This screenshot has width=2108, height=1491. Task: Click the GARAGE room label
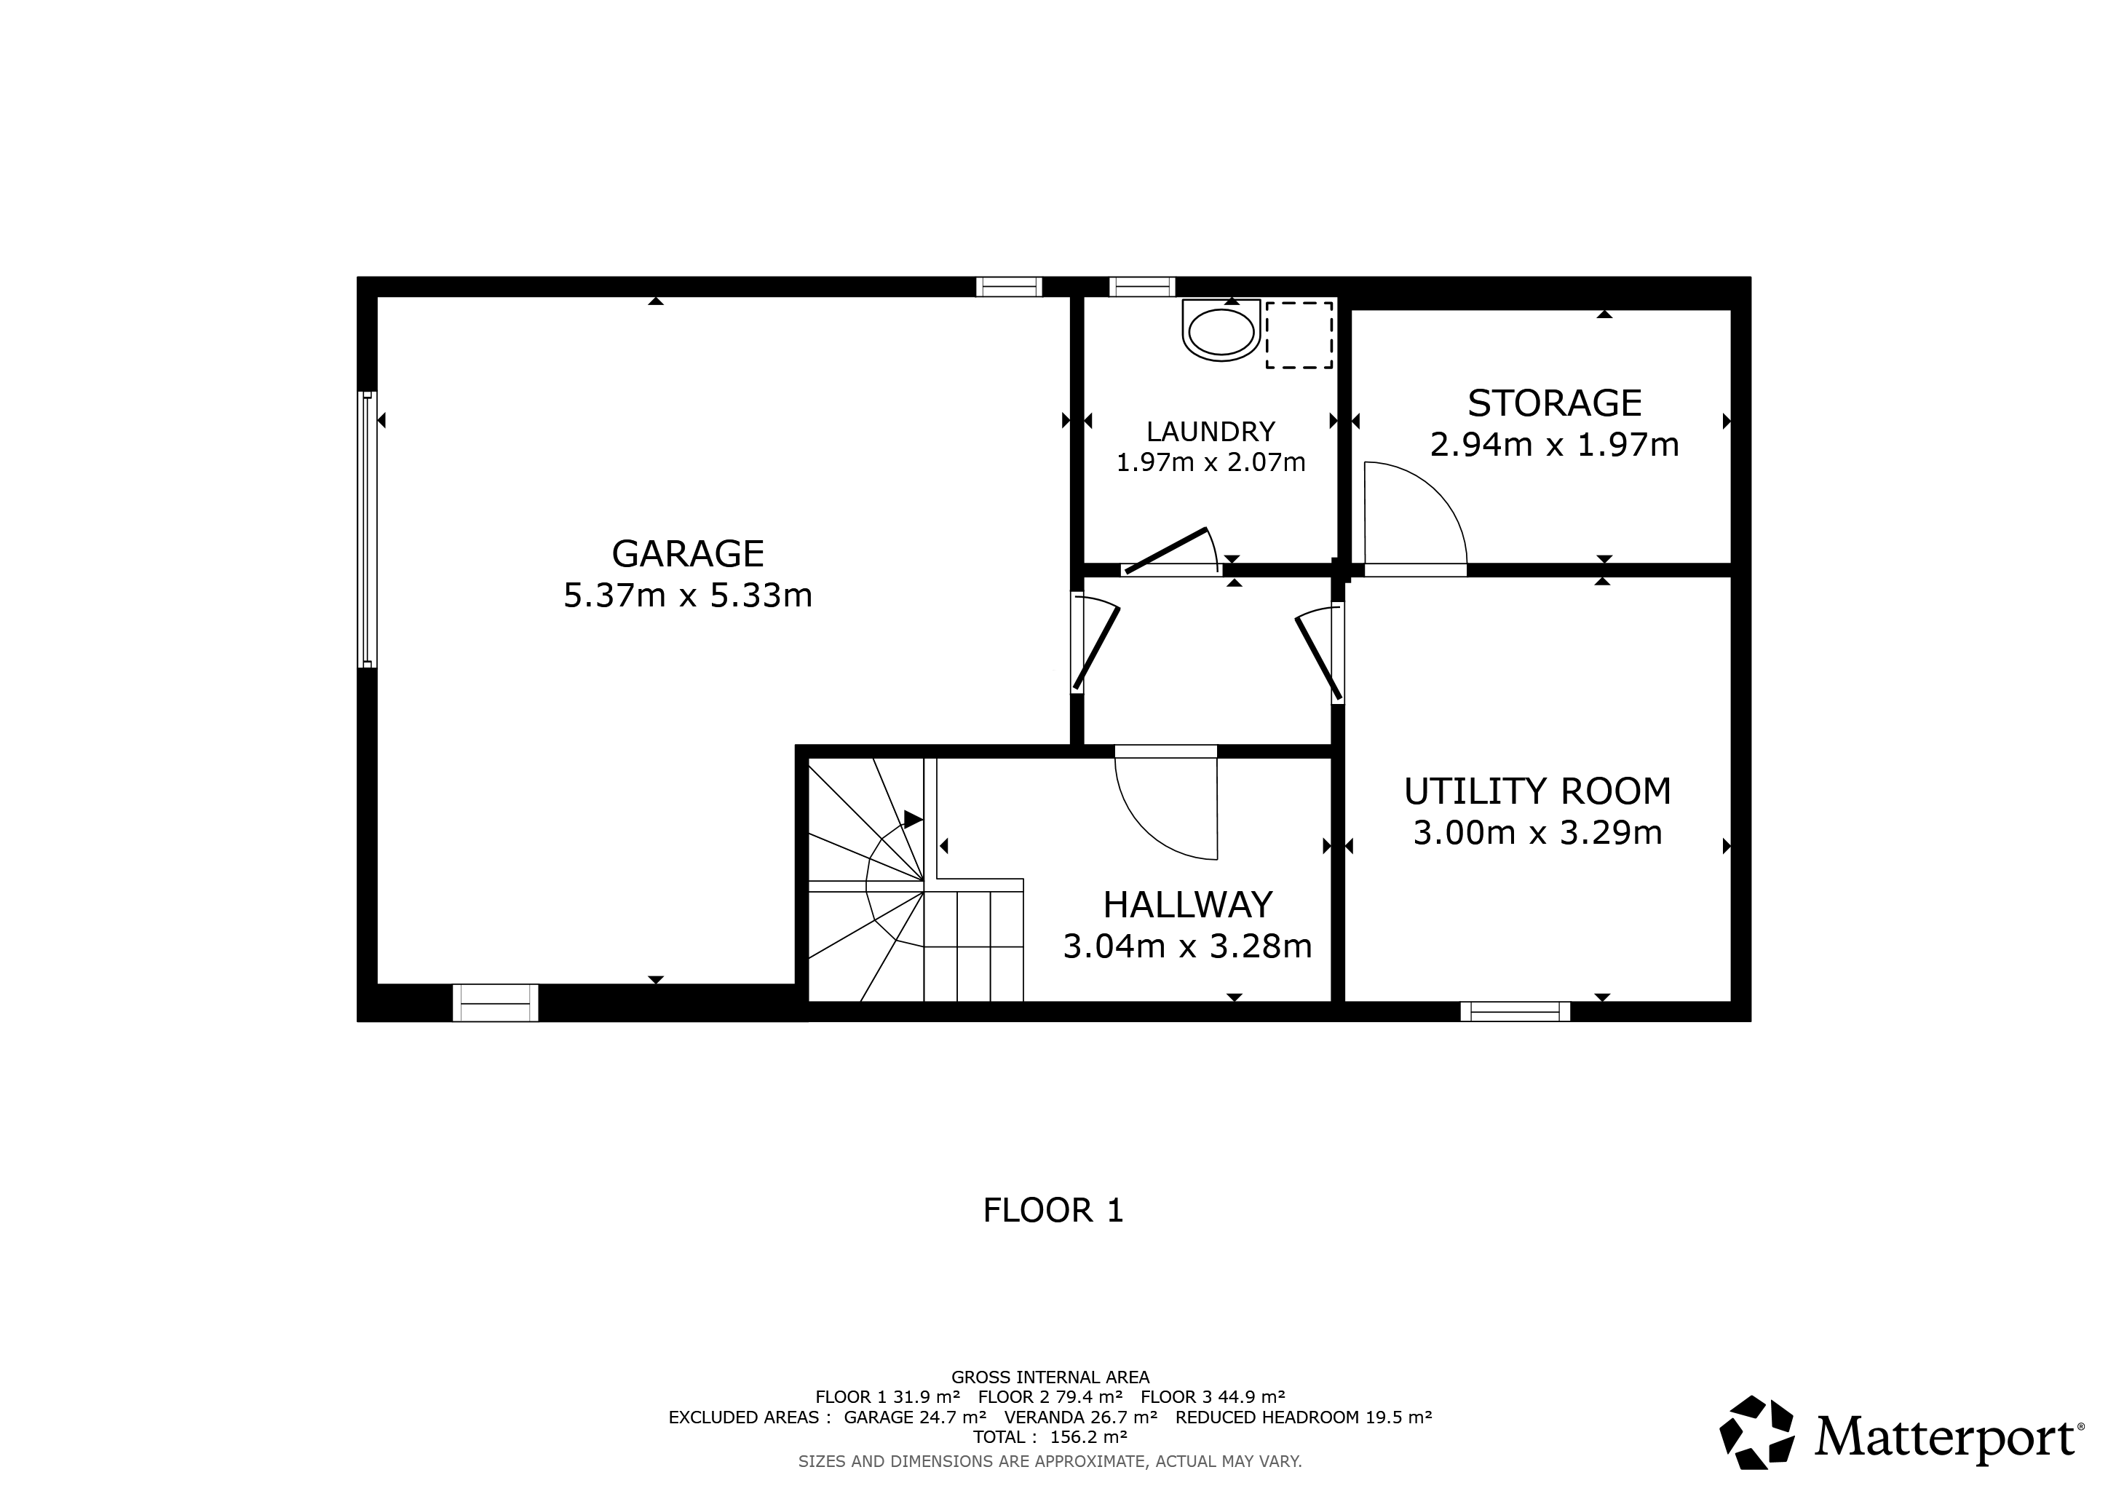point(688,553)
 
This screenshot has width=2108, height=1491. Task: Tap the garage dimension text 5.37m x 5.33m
point(688,596)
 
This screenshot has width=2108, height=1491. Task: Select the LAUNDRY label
point(1210,432)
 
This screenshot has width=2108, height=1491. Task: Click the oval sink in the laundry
point(1220,333)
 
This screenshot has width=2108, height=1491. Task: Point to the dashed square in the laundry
point(1299,335)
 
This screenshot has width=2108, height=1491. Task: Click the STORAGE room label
point(1553,403)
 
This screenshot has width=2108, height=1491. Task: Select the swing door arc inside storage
point(1433,500)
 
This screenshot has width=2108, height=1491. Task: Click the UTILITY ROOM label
point(1537,791)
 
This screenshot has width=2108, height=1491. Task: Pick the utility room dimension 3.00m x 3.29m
point(1537,833)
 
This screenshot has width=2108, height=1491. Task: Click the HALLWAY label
point(1187,904)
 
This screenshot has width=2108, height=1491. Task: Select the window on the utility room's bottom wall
point(1515,1012)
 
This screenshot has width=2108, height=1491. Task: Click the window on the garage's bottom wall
point(495,1002)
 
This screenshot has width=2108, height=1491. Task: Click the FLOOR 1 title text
point(1053,1210)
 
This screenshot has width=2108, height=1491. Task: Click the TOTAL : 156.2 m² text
point(1050,1437)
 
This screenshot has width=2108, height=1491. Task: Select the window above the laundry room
point(1141,286)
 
